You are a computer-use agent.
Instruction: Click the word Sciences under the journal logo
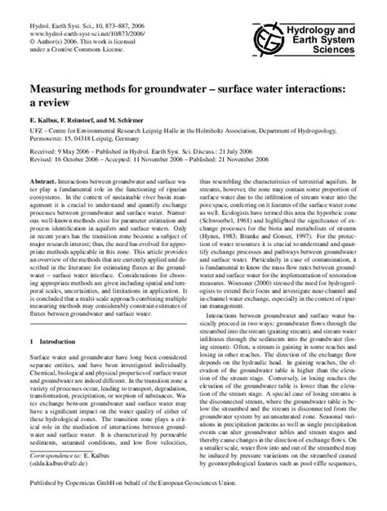[346, 37]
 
